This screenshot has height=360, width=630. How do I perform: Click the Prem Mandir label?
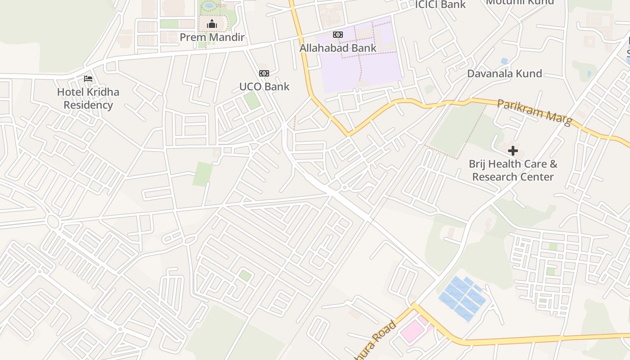pyautogui.click(x=212, y=37)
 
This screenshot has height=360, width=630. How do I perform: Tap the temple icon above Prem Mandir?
pyautogui.click(x=212, y=24)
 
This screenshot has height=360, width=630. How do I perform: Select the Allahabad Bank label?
pyautogui.click(x=338, y=48)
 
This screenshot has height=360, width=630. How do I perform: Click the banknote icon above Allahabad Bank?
pyautogui.click(x=338, y=35)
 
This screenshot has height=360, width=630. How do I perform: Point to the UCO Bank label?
pyautogui.click(x=264, y=86)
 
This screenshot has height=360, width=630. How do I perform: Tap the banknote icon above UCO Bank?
pyautogui.click(x=264, y=73)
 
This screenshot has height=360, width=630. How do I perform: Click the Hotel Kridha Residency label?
pyautogui.click(x=88, y=99)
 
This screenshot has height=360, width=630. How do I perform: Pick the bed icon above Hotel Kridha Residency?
pyautogui.click(x=88, y=79)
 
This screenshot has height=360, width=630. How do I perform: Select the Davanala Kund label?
pyautogui.click(x=504, y=74)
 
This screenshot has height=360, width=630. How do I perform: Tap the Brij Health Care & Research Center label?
pyautogui.click(x=513, y=170)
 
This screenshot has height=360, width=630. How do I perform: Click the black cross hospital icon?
pyautogui.click(x=513, y=151)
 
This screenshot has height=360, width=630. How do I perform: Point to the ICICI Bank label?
pyautogui.click(x=440, y=4)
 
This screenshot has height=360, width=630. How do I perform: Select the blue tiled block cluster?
pyautogui.click(x=462, y=298)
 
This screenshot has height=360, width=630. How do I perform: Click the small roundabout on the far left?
pyautogui.click(x=53, y=221)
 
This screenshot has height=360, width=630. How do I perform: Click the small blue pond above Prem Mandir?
pyautogui.click(x=209, y=5)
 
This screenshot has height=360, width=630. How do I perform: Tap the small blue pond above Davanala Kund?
pyautogui.click(x=504, y=61)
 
